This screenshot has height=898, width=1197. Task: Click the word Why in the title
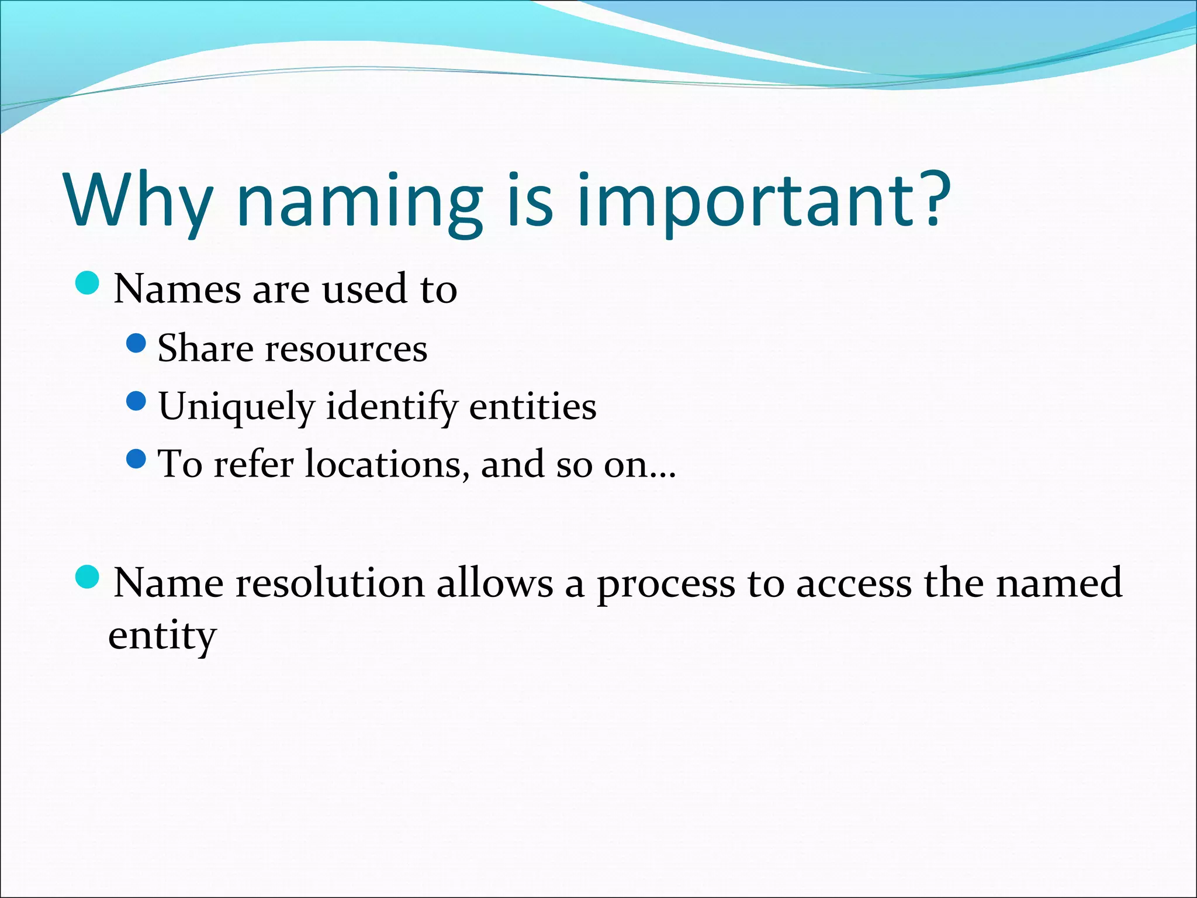[x=138, y=200]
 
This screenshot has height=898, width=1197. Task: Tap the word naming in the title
[x=360, y=202]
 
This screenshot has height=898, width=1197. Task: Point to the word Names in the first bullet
[x=177, y=289]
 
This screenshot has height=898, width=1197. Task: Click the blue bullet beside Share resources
[x=136, y=343]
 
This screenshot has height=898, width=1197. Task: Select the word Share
[x=205, y=348]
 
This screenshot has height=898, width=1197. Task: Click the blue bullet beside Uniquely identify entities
[x=136, y=401]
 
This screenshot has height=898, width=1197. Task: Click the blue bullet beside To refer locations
[x=136, y=459]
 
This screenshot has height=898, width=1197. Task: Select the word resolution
[x=330, y=583]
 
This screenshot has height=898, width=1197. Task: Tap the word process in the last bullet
[x=666, y=584]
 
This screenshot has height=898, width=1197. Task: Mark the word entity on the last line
[x=162, y=635]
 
